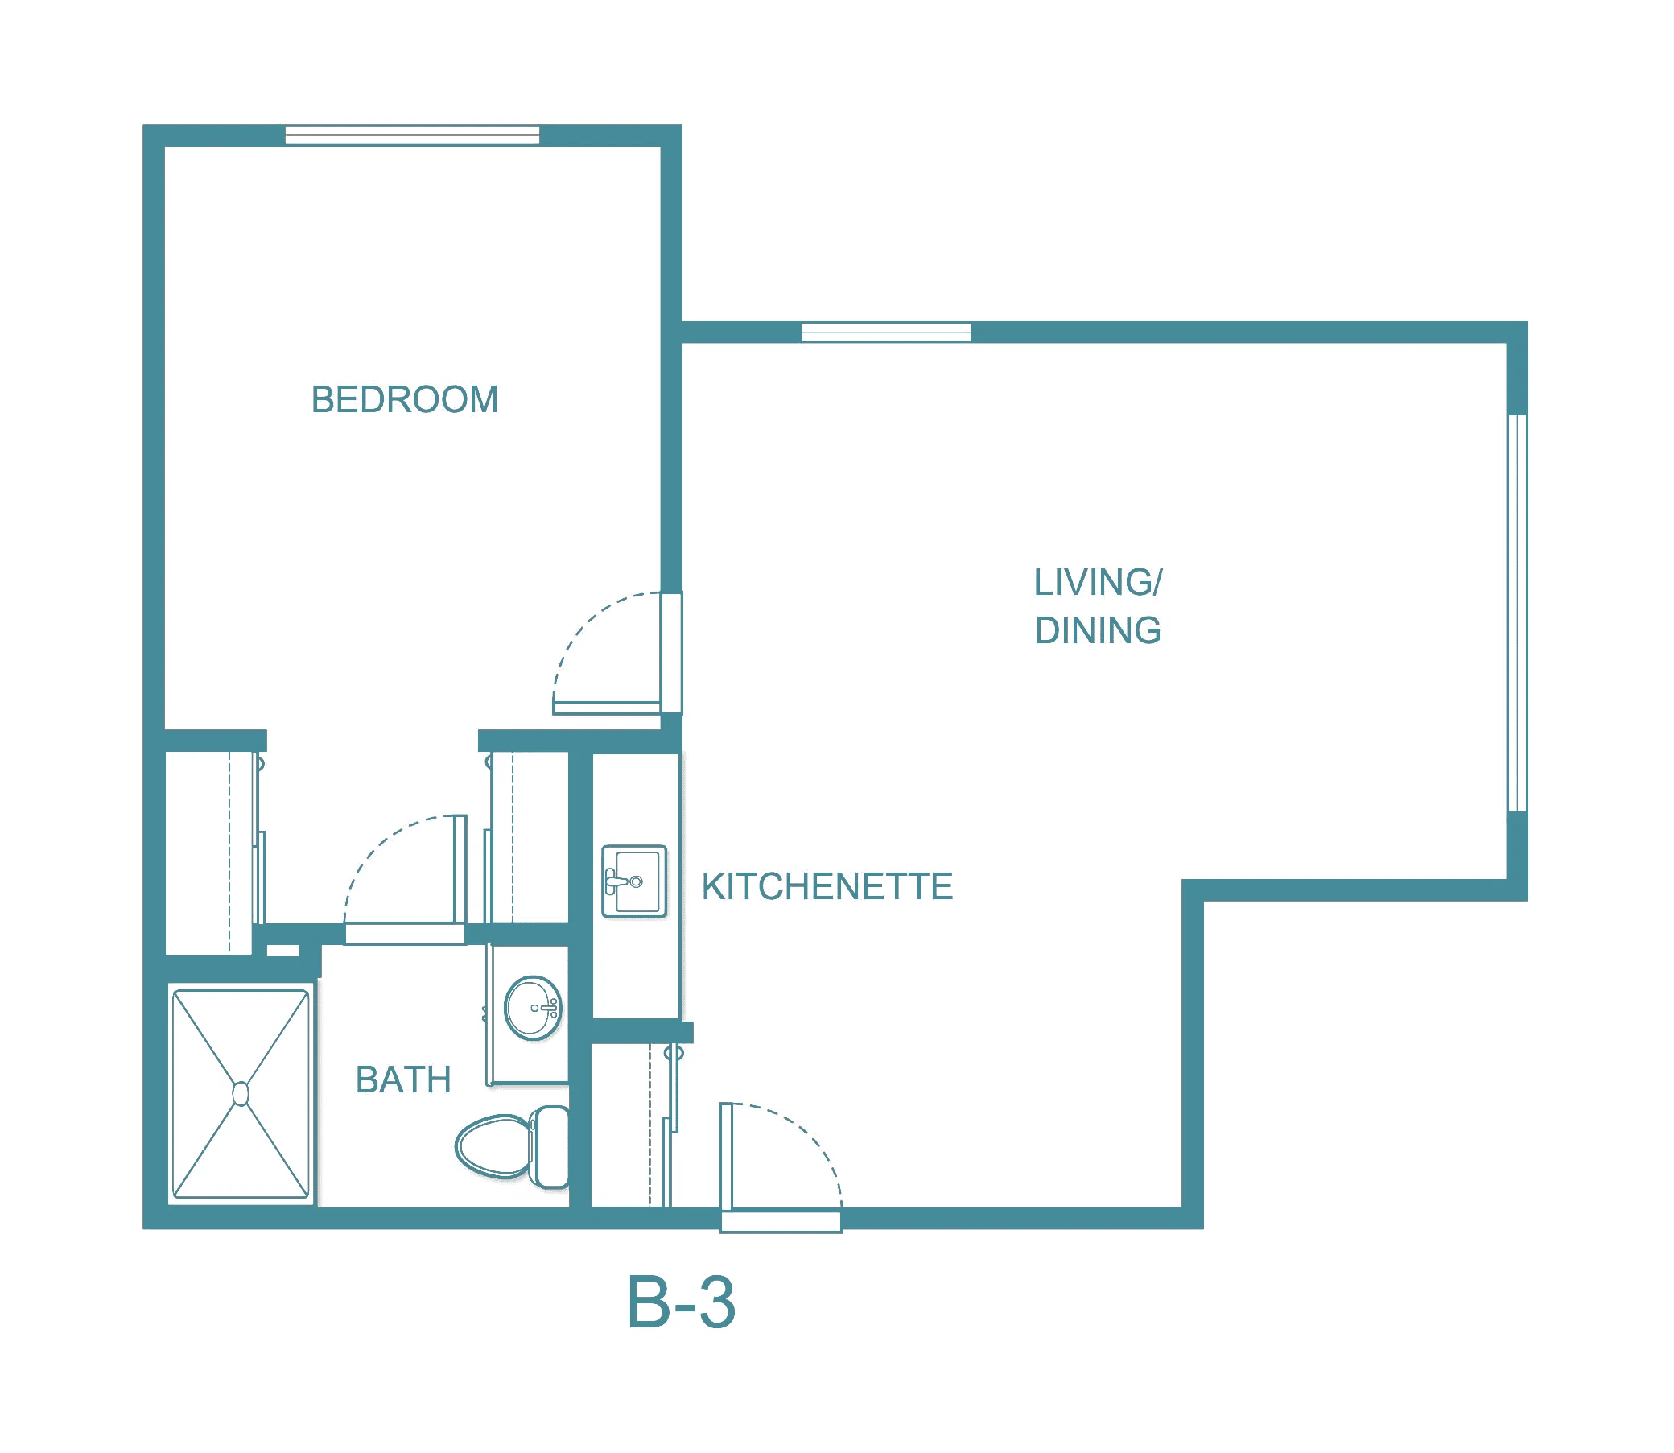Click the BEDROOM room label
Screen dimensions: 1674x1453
tap(405, 400)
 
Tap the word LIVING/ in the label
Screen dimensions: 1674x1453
tap(1099, 582)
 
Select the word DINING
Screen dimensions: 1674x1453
tap(1098, 631)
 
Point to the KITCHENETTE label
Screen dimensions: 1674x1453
tap(827, 886)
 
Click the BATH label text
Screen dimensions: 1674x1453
tap(403, 1080)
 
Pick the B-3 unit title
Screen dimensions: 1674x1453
tap(682, 1302)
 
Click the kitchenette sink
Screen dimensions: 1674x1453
tap(635, 881)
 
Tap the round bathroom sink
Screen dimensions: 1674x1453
tap(533, 1008)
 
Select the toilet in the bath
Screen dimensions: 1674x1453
tap(513, 1146)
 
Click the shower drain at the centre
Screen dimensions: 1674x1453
tap(241, 1094)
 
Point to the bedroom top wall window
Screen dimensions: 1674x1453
tap(413, 135)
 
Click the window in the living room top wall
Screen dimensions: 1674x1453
tap(887, 332)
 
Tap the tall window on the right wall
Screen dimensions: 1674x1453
tap(1518, 613)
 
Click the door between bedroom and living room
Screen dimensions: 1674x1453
tap(606, 708)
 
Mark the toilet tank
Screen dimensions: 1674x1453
tap(550, 1146)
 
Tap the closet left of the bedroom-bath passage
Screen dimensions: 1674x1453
tap(209, 853)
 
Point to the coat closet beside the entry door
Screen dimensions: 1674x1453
tap(631, 1126)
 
